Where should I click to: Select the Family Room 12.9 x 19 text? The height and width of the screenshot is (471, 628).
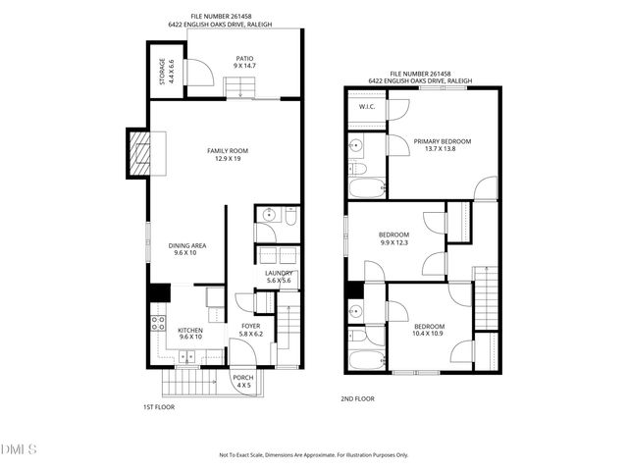(x=227, y=154)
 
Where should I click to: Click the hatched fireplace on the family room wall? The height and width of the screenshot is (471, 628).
(x=139, y=152)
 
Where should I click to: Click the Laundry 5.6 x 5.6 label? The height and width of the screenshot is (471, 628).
(x=279, y=277)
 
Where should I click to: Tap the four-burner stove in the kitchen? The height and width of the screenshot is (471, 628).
(x=157, y=321)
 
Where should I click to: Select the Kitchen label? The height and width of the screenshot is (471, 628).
(x=190, y=334)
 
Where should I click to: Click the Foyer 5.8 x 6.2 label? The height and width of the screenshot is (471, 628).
(x=251, y=330)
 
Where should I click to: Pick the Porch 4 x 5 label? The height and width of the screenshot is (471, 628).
(x=243, y=382)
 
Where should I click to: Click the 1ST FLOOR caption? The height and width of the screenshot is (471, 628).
(x=158, y=405)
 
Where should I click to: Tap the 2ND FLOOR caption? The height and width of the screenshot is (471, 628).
(x=357, y=399)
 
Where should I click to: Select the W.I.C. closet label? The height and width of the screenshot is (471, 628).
(x=367, y=106)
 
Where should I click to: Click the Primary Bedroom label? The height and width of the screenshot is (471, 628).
(x=442, y=145)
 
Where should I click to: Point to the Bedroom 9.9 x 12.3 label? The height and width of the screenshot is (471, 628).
(x=393, y=238)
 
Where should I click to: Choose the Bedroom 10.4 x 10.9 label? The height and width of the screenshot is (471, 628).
(x=428, y=330)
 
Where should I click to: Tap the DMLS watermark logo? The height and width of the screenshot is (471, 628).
(x=19, y=449)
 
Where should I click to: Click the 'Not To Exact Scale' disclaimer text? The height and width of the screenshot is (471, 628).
(x=313, y=455)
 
